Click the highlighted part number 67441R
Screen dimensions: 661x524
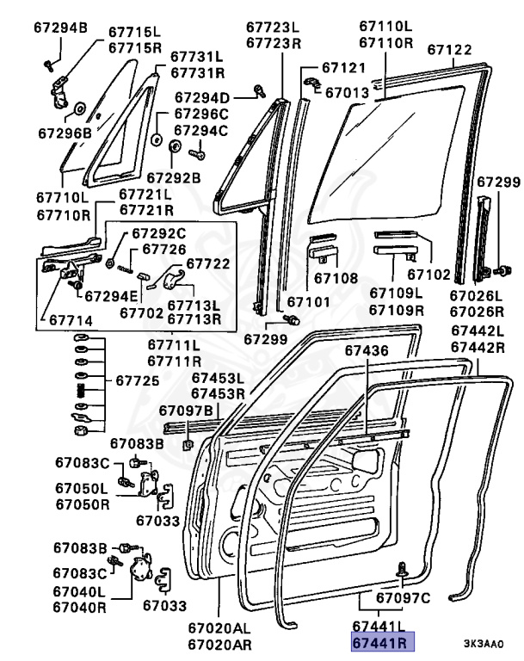point(380,642)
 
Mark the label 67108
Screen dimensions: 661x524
point(336,278)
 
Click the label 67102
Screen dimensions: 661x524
point(428,275)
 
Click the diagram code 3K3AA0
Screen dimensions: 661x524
point(488,643)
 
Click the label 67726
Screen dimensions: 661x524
point(164,250)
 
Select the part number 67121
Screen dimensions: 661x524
point(343,67)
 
